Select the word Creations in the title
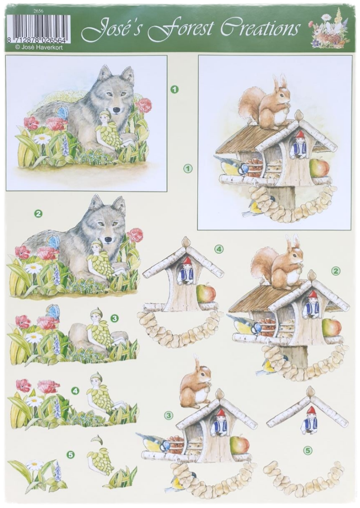259,28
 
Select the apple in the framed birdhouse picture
319,168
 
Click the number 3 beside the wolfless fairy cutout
114,319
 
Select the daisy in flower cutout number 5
34,466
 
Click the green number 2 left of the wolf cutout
39,213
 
